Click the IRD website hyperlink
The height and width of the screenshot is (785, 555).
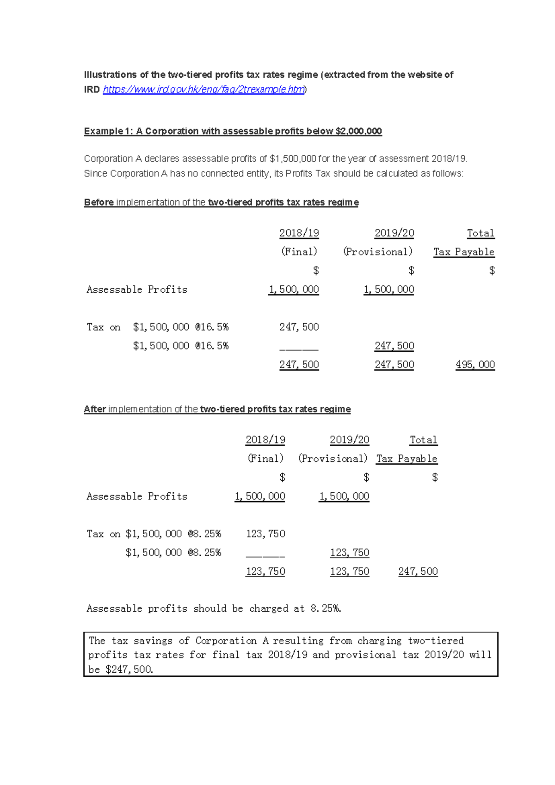click(203, 90)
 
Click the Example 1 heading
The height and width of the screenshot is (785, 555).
click(233, 131)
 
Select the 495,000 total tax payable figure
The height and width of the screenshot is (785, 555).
click(475, 365)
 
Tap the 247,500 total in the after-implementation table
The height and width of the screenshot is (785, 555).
click(418, 571)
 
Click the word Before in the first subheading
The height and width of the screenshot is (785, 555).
click(99, 202)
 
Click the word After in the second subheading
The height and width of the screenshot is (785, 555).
click(95, 409)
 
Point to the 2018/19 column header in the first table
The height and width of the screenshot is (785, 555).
click(299, 233)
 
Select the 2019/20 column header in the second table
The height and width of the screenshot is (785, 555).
click(349, 440)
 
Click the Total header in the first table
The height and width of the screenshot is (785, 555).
click(481, 233)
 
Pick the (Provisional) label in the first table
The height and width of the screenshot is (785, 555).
click(377, 252)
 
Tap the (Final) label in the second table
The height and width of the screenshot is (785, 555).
click(265, 459)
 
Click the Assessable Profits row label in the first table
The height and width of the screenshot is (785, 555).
click(137, 290)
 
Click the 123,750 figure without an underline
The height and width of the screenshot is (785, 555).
click(265, 534)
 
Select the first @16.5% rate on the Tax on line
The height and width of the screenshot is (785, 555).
click(212, 327)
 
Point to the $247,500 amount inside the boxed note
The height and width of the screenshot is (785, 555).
click(129, 669)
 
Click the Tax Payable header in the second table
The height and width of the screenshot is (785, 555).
click(407, 459)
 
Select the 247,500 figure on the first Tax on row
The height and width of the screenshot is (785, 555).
click(299, 327)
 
